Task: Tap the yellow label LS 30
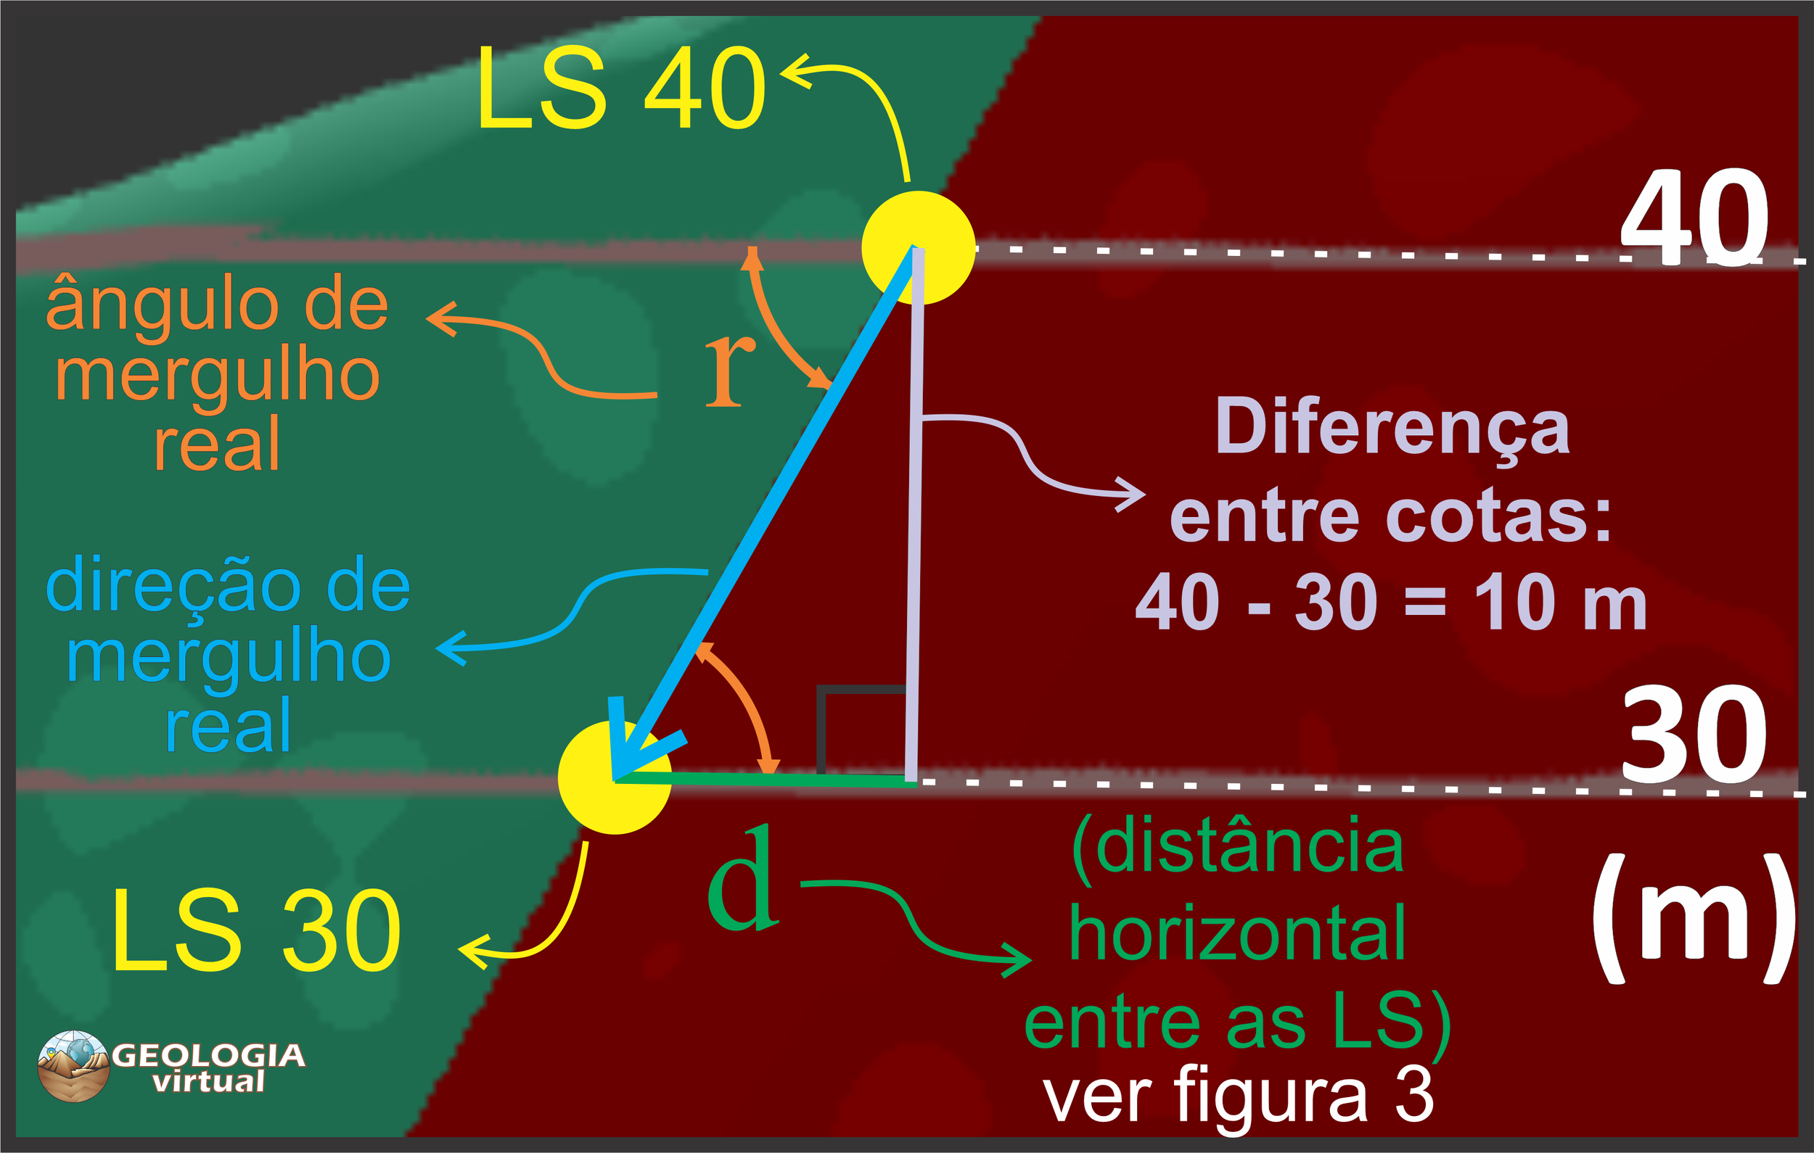(256, 930)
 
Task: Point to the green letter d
(742, 879)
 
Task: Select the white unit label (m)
(1694, 919)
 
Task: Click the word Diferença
(1392, 428)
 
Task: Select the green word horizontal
(1237, 934)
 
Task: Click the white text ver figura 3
(1238, 1096)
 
